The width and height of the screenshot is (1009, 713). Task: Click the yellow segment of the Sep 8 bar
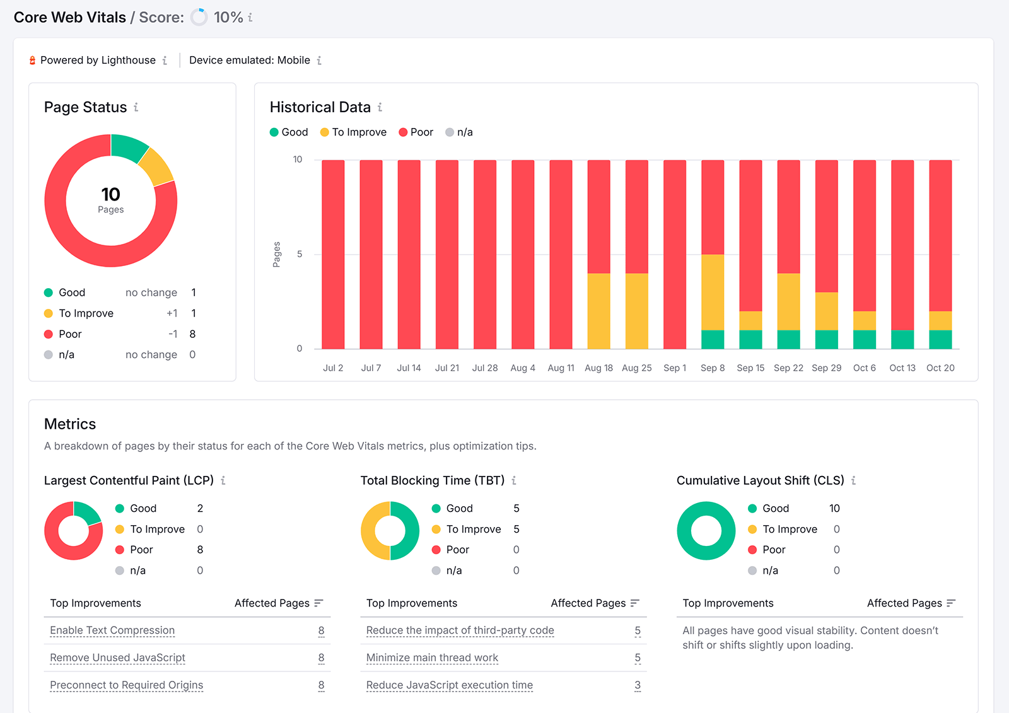[713, 292]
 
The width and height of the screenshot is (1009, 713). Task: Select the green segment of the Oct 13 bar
[902, 339]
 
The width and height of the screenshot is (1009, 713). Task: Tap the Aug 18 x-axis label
[598, 368]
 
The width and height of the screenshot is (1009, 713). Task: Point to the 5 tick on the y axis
[300, 254]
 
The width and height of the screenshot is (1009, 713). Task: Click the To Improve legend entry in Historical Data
[353, 132]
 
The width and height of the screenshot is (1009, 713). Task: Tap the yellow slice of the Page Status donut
[156, 166]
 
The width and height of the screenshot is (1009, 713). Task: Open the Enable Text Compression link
[112, 630]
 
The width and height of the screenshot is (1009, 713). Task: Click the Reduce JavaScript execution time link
[449, 685]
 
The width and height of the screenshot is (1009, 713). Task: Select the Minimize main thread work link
[432, 658]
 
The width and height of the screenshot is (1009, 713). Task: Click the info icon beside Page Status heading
[136, 107]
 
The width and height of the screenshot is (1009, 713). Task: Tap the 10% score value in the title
[228, 17]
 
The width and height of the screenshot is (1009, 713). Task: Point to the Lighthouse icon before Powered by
[32, 61]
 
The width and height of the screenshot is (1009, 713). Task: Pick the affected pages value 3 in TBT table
[637, 685]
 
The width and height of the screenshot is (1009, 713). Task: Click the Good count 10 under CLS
[834, 508]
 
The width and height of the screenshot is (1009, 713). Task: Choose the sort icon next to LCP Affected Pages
[318, 603]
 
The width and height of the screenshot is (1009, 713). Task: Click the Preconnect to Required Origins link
[126, 685]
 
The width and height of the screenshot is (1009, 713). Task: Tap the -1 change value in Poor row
[172, 334]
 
